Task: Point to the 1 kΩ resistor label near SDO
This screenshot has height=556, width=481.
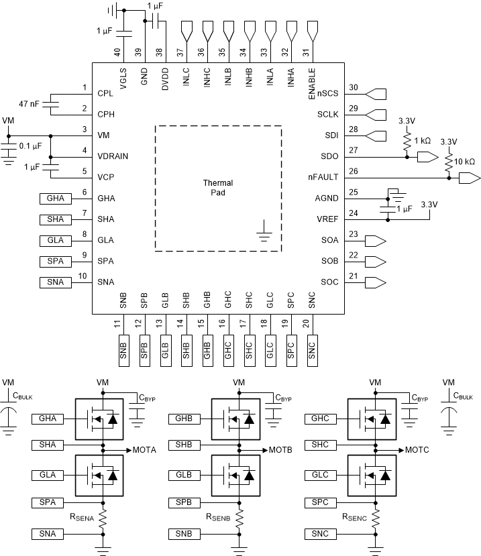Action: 423,141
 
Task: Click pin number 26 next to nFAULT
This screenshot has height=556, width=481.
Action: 354,171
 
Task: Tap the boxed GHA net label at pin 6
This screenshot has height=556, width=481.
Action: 54,198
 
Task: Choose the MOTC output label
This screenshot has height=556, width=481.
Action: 418,450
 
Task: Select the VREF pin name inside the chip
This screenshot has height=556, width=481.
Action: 327,219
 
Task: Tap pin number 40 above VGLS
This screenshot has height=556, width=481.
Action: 117,52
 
